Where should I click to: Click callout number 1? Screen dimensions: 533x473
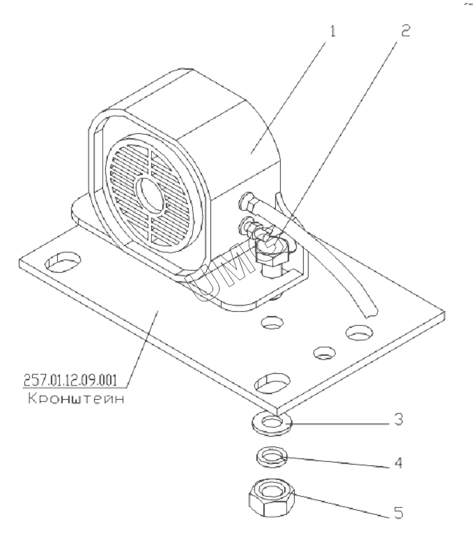333,32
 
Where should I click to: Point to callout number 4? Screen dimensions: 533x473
397,462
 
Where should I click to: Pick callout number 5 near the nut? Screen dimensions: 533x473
398,512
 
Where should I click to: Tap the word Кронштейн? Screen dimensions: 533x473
67,400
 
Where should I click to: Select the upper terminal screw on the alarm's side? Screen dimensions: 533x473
245,202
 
